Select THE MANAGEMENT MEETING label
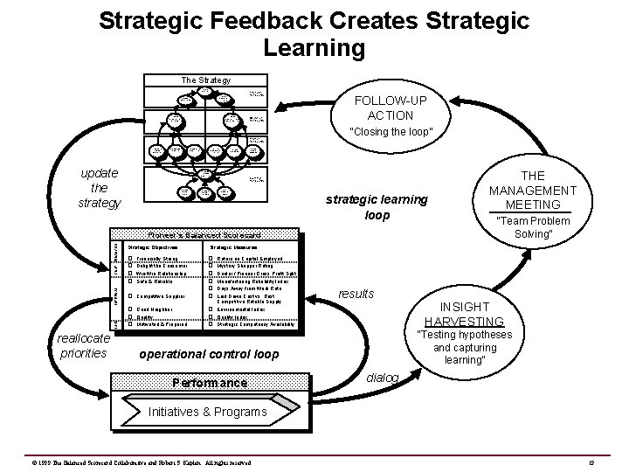[x=532, y=190]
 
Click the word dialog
[x=384, y=378]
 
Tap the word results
[x=356, y=293]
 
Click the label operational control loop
[x=209, y=355]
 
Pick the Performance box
[x=209, y=383]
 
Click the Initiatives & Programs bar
[x=206, y=411]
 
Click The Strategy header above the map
[x=205, y=80]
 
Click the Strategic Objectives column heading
[x=154, y=247]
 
